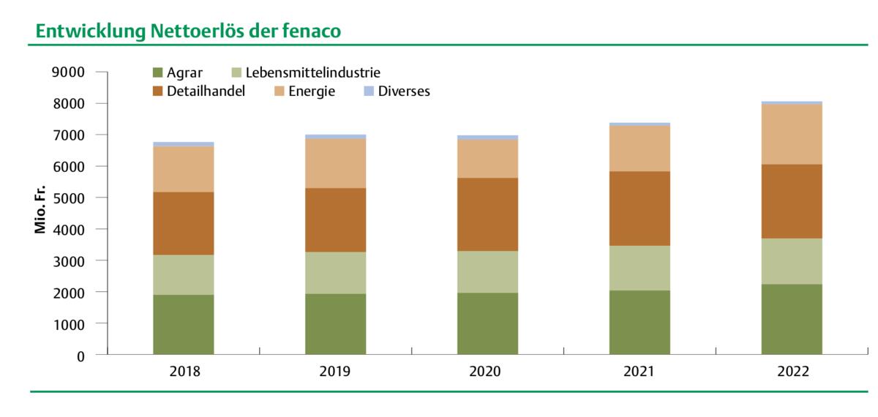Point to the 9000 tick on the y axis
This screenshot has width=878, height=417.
pos(70,72)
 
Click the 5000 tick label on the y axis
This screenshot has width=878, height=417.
pos(70,198)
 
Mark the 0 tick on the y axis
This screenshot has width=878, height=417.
pos(80,356)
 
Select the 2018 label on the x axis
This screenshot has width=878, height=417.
pos(184,372)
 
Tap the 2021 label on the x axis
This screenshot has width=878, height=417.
pos(639,372)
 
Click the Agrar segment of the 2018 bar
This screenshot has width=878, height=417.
pos(184,325)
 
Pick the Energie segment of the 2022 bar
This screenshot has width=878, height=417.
pos(792,134)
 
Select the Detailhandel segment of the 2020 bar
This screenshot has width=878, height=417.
pos(487,214)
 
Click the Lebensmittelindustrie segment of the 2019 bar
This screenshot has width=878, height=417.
pos(335,273)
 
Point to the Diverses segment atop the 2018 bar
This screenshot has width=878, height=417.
pos(184,144)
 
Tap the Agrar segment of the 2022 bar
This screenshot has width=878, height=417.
pos(792,319)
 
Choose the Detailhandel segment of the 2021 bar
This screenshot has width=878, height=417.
pos(639,209)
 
